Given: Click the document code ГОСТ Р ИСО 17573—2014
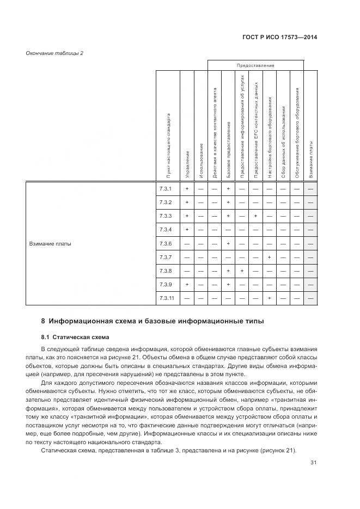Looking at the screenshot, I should (279, 38).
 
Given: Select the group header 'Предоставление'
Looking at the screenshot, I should (255, 65).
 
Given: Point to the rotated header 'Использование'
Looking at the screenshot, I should (201, 160).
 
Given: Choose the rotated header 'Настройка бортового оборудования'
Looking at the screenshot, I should (269, 137).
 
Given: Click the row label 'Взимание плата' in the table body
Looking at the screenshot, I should (50, 243).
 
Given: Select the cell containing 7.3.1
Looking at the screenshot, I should (166, 189).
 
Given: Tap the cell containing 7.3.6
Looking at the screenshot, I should (166, 243).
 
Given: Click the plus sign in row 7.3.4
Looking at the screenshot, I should (187, 230).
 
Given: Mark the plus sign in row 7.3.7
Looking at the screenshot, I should (269, 257).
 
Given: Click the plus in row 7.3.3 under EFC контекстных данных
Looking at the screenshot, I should (255, 216).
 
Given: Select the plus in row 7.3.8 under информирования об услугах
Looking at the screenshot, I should (242, 271).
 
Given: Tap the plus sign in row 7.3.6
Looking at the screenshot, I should (228, 243).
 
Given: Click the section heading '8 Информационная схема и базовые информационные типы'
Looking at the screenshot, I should (152, 321).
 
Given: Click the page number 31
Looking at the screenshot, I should (313, 463).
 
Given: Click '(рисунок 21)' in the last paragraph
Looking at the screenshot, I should (278, 450).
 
